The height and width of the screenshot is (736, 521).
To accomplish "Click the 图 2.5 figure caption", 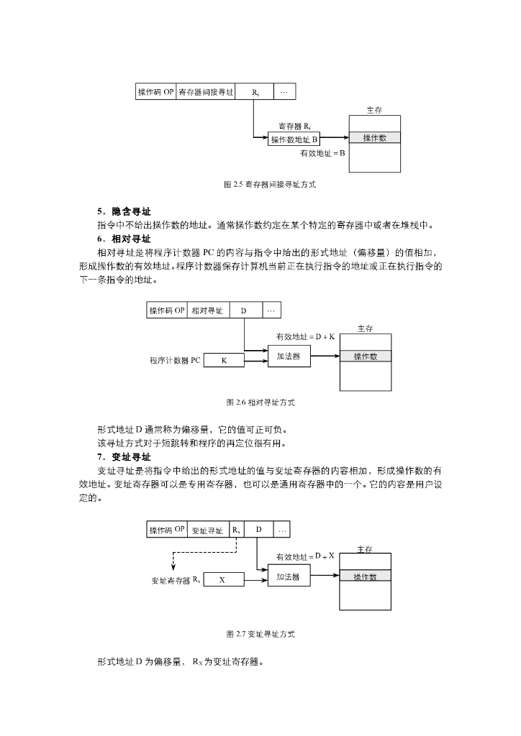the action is click(x=270, y=185).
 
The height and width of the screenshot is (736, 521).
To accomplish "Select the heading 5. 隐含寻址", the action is click(x=124, y=211).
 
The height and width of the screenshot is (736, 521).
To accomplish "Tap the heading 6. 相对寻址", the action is click(x=124, y=239).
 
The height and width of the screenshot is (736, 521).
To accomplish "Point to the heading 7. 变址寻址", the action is click(x=124, y=457).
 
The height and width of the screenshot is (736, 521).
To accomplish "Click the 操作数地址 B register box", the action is click(x=294, y=139).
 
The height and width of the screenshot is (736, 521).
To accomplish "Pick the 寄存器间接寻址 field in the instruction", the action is click(x=206, y=92).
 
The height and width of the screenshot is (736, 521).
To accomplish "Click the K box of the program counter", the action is click(x=224, y=361).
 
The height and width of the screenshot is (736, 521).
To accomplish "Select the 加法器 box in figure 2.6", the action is click(x=289, y=356).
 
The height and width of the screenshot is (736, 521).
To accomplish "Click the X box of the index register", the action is click(x=224, y=579).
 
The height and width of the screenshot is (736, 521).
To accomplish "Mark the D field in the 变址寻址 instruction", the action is click(x=258, y=530).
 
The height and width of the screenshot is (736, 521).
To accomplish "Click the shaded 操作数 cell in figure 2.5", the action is click(x=375, y=137).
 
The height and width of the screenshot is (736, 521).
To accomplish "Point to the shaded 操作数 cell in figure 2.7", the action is click(x=365, y=576).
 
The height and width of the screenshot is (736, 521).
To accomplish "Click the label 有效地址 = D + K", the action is click(x=305, y=336).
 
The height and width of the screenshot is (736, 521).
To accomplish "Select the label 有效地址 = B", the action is click(x=323, y=153).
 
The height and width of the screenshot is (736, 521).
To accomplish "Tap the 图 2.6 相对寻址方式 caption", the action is click(x=260, y=402).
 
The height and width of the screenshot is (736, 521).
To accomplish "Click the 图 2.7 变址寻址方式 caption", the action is click(x=260, y=634).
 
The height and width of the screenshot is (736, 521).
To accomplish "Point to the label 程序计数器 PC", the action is click(x=175, y=361).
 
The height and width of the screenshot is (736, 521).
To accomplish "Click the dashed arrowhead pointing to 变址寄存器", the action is click(x=173, y=568).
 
